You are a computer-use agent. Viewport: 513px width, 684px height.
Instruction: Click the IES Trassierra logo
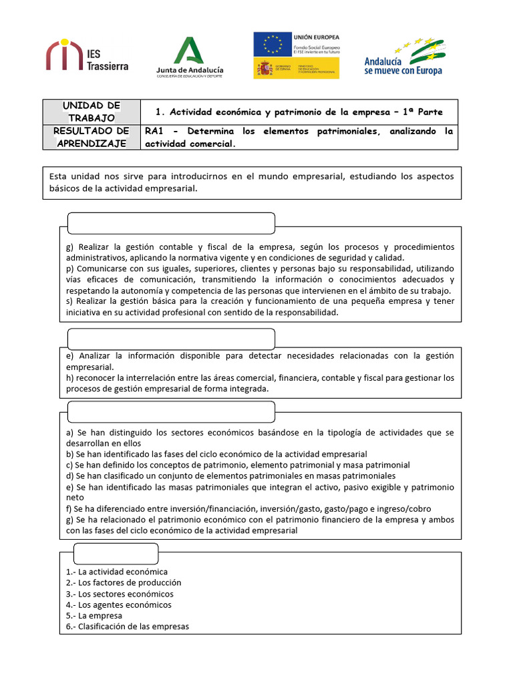(87, 55)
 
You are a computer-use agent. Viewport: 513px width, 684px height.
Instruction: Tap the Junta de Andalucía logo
(190, 57)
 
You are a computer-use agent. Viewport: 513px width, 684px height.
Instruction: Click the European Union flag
(272, 44)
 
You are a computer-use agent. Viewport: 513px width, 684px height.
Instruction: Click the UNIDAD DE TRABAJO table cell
(92, 112)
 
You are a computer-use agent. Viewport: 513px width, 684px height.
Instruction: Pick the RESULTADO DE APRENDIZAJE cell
(92, 137)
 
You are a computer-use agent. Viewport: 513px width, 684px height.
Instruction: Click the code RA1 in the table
(155, 132)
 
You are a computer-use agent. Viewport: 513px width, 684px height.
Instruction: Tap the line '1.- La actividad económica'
(117, 572)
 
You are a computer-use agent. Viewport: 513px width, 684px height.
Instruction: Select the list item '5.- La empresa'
(94, 615)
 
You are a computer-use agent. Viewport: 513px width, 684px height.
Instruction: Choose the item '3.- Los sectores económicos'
(120, 594)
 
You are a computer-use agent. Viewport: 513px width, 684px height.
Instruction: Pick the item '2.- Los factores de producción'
(124, 582)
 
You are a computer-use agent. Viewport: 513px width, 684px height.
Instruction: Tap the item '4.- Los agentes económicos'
(119, 605)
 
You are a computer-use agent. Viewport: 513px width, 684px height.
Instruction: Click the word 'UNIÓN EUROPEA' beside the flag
(317, 37)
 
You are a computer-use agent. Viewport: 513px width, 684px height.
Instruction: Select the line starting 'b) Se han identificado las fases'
(216, 454)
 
